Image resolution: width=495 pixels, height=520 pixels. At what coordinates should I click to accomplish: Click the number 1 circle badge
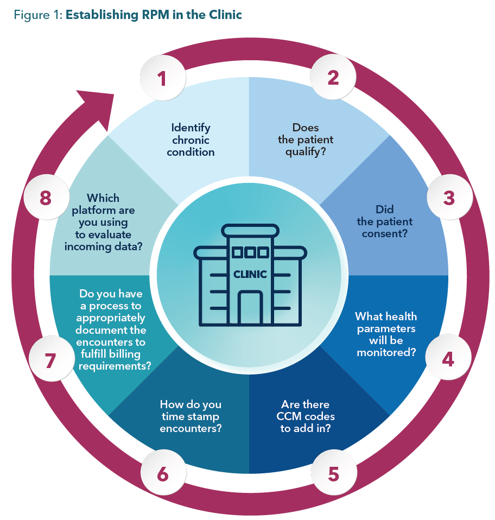(162, 78)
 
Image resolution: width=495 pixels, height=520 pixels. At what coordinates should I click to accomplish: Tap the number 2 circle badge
(333, 78)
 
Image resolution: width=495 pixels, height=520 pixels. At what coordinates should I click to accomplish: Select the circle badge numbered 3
(448, 198)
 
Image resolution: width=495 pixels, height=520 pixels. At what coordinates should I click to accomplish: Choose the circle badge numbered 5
(333, 473)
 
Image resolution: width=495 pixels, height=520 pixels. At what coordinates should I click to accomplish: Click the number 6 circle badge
(162, 473)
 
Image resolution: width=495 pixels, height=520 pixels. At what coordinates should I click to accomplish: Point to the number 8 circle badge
(46, 198)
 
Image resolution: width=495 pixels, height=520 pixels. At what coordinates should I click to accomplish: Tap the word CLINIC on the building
(250, 274)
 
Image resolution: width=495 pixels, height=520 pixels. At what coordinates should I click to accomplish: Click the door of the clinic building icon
(250, 308)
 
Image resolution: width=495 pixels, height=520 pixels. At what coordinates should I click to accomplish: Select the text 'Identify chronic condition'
(191, 140)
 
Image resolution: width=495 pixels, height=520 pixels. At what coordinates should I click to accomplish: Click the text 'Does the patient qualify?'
(306, 140)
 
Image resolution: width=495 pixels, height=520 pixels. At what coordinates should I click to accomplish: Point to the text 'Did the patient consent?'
(384, 221)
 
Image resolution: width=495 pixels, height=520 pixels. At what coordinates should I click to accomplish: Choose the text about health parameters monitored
(386, 334)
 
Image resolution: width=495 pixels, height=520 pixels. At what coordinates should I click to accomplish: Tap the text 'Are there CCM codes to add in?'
(306, 416)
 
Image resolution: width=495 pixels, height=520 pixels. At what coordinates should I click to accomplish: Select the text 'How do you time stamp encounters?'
(191, 416)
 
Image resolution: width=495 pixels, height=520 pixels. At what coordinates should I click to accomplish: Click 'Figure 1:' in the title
(36, 15)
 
